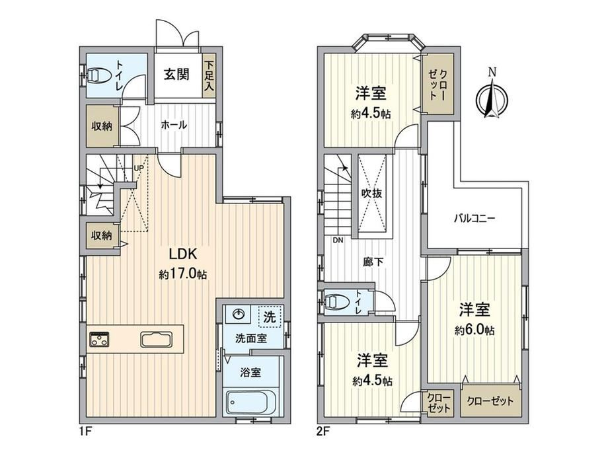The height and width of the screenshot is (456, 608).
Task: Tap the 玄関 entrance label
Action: click(176, 74)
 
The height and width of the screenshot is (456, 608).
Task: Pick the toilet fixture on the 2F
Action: click(336, 301)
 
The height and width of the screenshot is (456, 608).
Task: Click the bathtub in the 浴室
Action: click(252, 402)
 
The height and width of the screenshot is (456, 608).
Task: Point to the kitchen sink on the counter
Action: click(157, 339)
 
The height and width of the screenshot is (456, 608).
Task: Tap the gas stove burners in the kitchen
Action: click(99, 339)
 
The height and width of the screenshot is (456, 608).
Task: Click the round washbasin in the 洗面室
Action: click(238, 313)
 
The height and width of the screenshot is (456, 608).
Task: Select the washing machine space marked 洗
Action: click(270, 317)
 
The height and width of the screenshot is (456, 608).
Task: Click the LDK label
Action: click(184, 254)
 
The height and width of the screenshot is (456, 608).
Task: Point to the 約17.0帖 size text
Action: click(182, 274)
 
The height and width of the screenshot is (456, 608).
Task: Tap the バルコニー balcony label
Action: click(475, 218)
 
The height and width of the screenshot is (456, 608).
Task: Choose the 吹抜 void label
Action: click(372, 193)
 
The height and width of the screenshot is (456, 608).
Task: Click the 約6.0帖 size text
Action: click(475, 330)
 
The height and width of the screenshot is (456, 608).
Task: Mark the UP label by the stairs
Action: click(138, 169)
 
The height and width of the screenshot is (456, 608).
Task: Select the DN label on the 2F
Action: click(338, 240)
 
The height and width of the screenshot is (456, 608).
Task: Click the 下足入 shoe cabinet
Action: click(209, 75)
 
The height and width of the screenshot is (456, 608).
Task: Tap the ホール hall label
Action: click(174, 125)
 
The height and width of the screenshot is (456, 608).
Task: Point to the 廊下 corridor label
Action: click(373, 262)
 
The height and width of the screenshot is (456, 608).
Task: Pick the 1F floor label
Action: click(86, 431)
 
